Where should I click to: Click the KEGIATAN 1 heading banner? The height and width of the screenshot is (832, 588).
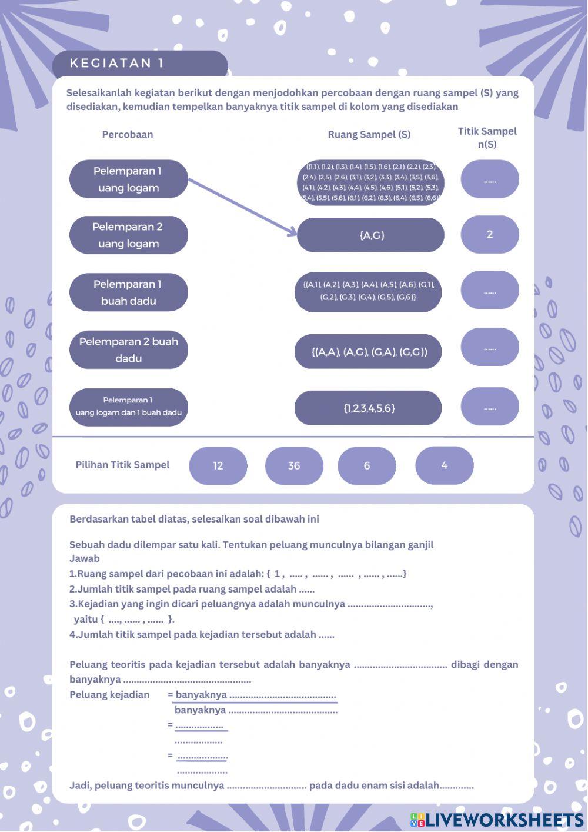[x=139, y=64]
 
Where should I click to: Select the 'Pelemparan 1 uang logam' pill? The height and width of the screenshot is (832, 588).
[x=128, y=179]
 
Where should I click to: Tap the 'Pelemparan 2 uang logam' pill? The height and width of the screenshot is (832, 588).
[x=128, y=235]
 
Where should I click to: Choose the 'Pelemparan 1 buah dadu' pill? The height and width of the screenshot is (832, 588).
[x=128, y=292]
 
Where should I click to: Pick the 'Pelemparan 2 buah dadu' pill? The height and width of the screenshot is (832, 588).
[x=128, y=350]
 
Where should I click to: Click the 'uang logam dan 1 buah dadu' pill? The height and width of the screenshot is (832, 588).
[x=128, y=407]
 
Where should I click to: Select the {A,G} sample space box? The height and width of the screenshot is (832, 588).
[x=371, y=235]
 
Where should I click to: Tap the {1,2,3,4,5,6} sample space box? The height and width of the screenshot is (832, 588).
[x=368, y=408]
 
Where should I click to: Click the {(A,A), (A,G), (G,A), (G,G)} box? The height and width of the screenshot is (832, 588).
[x=368, y=352]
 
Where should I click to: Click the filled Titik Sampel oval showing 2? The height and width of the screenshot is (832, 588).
[x=490, y=234]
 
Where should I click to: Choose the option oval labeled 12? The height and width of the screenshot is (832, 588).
[x=218, y=465]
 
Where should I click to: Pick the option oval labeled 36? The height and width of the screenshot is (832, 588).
[x=294, y=465]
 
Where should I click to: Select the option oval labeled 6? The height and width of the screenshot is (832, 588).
[x=366, y=465]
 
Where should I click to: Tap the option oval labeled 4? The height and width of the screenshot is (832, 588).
[x=444, y=465]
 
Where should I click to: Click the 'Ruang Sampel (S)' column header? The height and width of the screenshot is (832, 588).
[x=369, y=134]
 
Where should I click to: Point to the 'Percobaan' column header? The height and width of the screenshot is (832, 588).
[x=128, y=134]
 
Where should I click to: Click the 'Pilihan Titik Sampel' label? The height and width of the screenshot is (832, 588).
[x=122, y=465]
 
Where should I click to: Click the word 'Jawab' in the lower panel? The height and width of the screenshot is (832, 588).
[x=85, y=558]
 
